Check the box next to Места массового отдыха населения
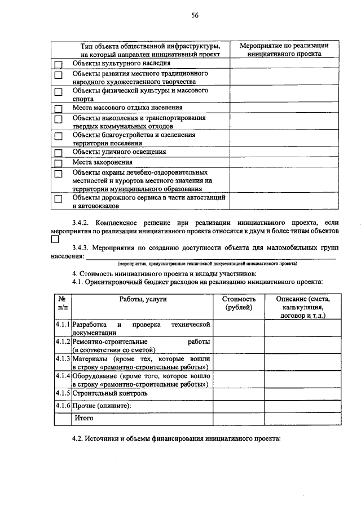click(58, 108)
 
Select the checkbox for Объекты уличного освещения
click(58, 152)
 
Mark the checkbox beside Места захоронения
click(58, 162)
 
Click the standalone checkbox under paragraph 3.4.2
click(55, 240)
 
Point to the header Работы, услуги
click(143, 300)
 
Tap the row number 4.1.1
click(63, 325)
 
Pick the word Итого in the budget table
click(83, 418)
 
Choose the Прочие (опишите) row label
click(102, 406)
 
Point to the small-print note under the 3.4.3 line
click(207, 263)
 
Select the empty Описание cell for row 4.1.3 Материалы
click(302, 362)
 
